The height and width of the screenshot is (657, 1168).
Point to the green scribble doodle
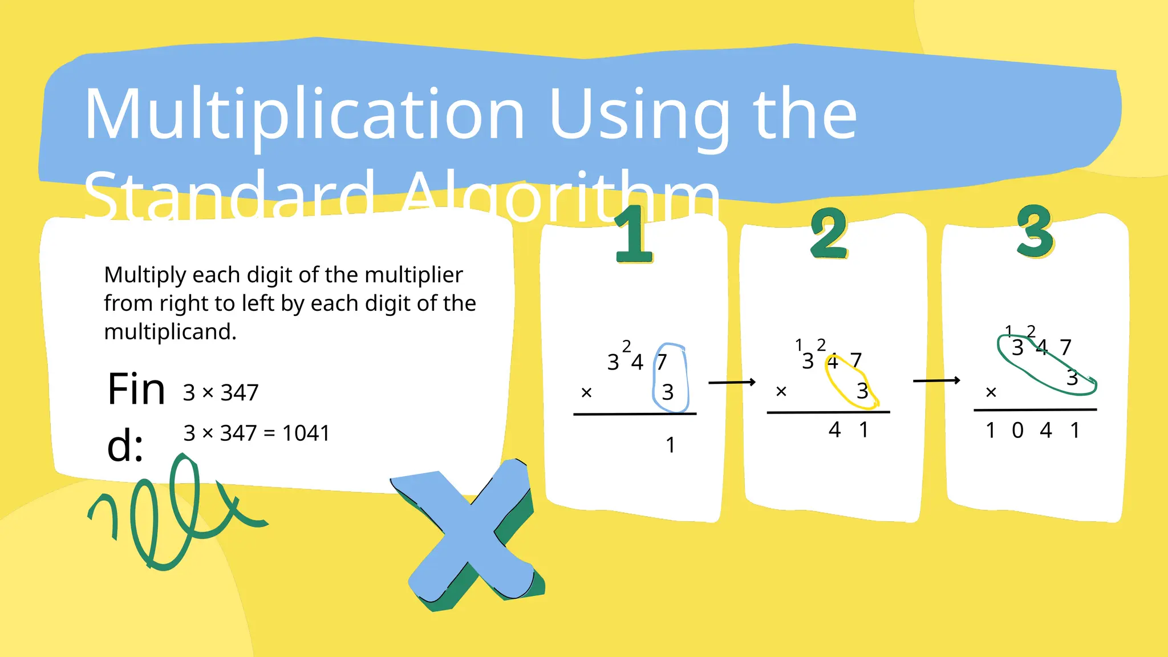click(x=171, y=513)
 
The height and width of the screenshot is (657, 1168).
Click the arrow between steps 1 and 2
click(x=732, y=382)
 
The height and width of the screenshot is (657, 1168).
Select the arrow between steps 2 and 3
click(x=936, y=380)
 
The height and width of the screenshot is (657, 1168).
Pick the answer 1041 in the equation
click(x=306, y=433)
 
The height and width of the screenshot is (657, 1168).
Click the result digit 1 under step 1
click(x=671, y=445)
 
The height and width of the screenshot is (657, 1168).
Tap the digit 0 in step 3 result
click(x=1017, y=431)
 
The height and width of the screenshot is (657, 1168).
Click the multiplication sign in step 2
click(x=781, y=391)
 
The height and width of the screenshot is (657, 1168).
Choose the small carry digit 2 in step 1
click(x=626, y=346)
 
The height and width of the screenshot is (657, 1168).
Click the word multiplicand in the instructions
click(x=170, y=332)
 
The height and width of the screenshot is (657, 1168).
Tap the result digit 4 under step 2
click(x=835, y=429)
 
